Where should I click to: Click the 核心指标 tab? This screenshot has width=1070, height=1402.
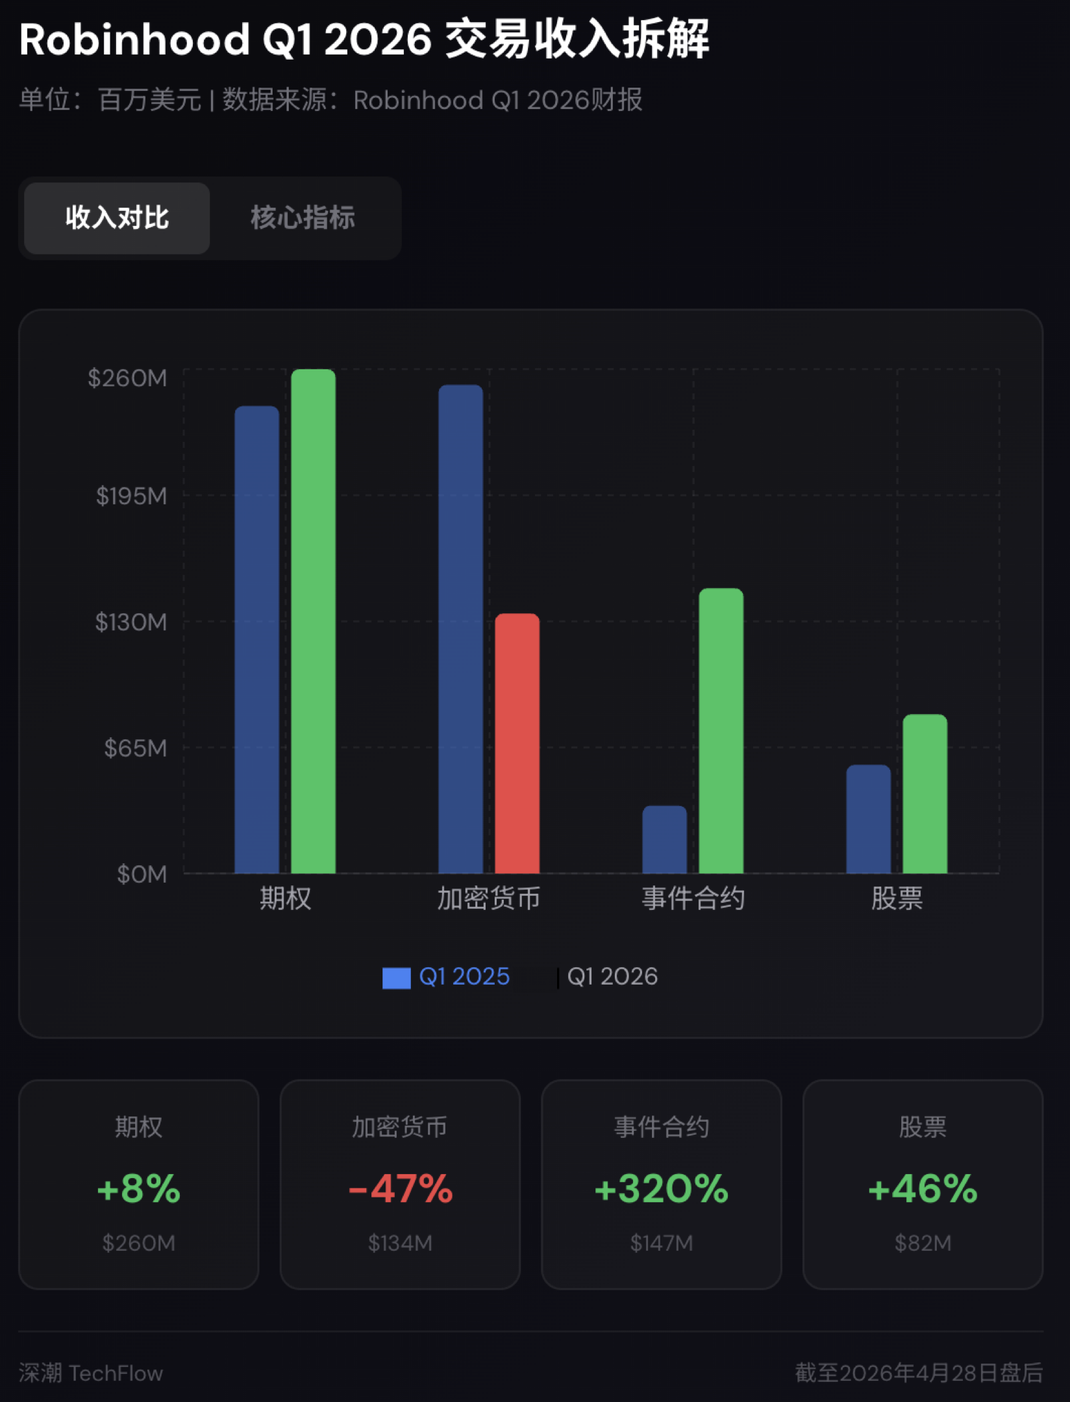click(x=303, y=217)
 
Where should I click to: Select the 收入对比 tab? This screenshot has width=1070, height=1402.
click(x=117, y=217)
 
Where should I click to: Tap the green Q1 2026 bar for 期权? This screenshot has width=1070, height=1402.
click(x=313, y=621)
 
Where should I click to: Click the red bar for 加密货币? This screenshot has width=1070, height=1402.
click(x=517, y=743)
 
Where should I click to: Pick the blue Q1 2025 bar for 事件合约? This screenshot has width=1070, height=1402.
click(x=664, y=839)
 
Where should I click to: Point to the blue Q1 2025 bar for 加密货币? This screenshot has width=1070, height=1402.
click(x=460, y=628)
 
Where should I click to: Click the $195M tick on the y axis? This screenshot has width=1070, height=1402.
click(x=131, y=496)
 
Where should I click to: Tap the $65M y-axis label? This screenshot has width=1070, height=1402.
click(x=135, y=748)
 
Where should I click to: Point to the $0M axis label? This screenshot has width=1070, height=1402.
click(x=142, y=874)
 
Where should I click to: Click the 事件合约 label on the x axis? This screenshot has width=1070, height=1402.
click(x=693, y=898)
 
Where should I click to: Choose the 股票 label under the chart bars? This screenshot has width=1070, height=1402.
click(x=897, y=898)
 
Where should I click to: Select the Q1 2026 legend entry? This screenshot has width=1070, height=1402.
click(x=612, y=976)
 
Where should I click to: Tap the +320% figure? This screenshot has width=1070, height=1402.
click(x=661, y=1188)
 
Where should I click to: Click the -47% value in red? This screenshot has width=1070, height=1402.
click(x=400, y=1188)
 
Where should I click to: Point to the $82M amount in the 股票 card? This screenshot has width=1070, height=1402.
click(x=923, y=1242)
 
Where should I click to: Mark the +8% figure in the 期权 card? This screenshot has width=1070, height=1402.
click(x=138, y=1188)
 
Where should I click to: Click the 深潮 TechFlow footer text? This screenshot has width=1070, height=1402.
click(x=91, y=1373)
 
